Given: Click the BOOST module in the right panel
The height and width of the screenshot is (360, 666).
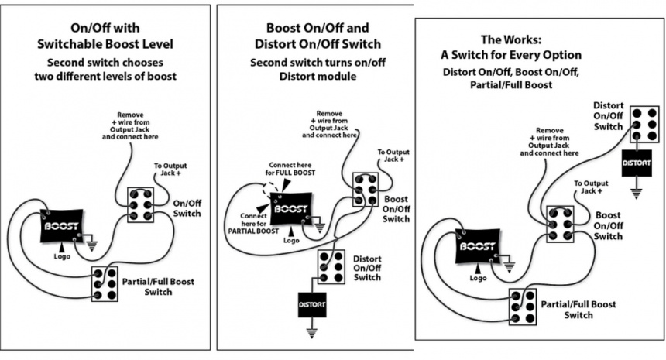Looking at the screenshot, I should click(x=477, y=245).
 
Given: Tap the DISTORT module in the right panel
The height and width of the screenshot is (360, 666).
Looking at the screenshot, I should click(x=637, y=163).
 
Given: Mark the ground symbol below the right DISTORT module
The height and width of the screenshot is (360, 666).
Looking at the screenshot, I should click(x=637, y=191).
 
